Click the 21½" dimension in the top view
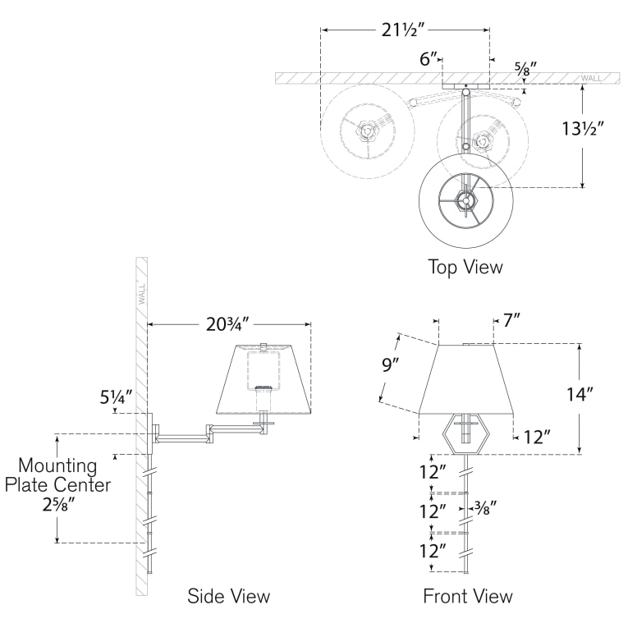click(402, 30)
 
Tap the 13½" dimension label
click(582, 129)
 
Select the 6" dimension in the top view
click(429, 59)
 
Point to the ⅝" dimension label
click(525, 68)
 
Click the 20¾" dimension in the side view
click(228, 324)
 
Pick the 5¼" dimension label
click(116, 397)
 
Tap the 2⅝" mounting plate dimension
click(59, 505)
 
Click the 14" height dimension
click(580, 395)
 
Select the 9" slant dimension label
click(390, 364)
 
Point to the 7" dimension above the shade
click(511, 320)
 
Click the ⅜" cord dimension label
click(485, 508)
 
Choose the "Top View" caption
click(465, 267)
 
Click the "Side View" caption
click(229, 596)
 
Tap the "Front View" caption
click(468, 596)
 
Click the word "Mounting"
click(57, 465)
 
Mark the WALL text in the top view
click(591, 78)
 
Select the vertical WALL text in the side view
click(142, 295)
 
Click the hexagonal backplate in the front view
click(465, 433)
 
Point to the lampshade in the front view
click(466, 378)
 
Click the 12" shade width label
click(537, 438)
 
